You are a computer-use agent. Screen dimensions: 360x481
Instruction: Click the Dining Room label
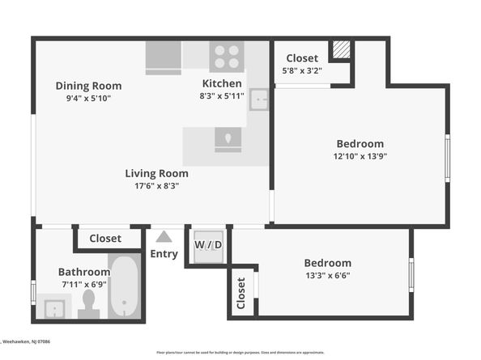pos(88,86)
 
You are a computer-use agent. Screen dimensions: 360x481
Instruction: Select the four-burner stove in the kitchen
pos(227,57)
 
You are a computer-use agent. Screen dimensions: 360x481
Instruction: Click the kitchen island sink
pos(228,139)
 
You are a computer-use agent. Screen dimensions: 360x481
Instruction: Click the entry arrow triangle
pos(164,237)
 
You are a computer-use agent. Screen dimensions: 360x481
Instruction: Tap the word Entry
pos(164,254)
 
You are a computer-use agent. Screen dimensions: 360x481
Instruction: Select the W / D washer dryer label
pos(207,245)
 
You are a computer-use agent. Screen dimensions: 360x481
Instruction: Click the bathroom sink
pos(55,308)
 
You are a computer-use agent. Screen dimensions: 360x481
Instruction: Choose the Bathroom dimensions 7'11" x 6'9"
pos(83,285)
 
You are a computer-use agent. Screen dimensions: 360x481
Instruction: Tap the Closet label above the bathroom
pos(105,239)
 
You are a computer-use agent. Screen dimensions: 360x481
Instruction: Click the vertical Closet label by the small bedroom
pos(241,294)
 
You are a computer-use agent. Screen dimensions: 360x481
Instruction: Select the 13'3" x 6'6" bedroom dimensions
pos(327,275)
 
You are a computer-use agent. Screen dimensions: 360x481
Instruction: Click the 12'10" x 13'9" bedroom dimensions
pos(360,156)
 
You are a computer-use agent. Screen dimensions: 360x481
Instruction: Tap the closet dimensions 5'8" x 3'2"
pos(302,70)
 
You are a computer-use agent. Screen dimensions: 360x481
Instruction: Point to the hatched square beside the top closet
pos(342,49)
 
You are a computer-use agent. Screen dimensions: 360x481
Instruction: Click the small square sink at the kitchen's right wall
pos(258,100)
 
